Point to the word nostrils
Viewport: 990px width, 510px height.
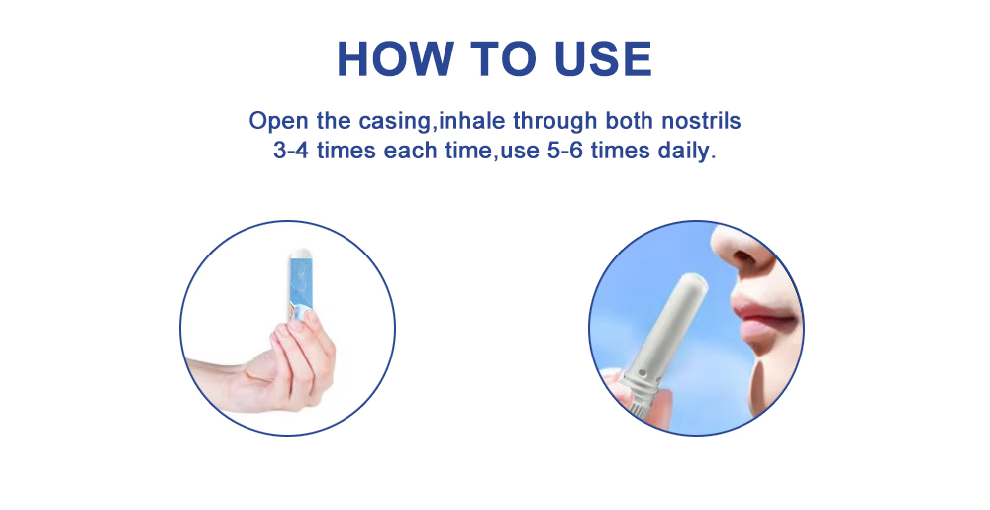tap(704, 122)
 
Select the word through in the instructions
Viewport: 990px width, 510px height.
tap(546, 122)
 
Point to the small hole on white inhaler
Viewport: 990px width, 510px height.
tap(644, 374)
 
